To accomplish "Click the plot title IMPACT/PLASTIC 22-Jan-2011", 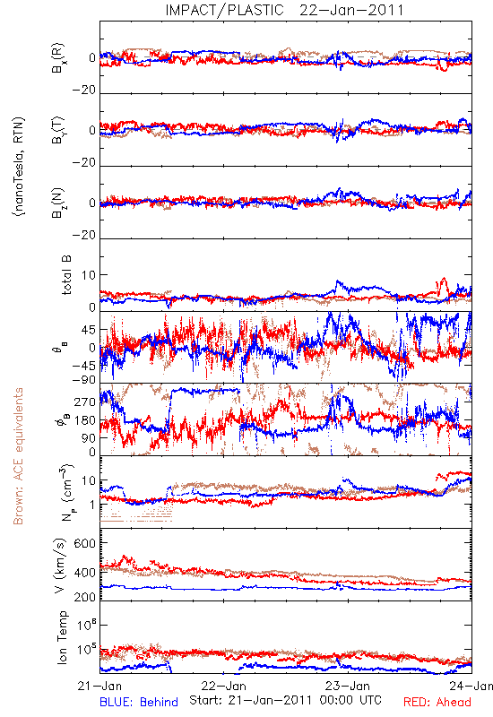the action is pyautogui.click(x=284, y=10).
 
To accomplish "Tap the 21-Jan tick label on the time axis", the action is pyautogui.click(x=99, y=686).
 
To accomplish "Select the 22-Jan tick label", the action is pyautogui.click(x=223, y=686).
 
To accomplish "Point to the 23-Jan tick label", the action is pyautogui.click(x=348, y=686).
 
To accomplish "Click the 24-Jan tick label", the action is pyautogui.click(x=471, y=686).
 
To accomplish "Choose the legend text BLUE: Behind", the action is pyautogui.click(x=139, y=702).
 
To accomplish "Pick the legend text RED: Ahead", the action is pyautogui.click(x=437, y=702).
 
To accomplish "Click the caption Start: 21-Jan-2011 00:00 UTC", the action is pyautogui.click(x=285, y=700).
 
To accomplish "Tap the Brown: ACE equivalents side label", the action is pyautogui.click(x=18, y=456).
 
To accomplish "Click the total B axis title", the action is pyautogui.click(x=66, y=275).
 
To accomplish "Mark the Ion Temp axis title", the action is pyautogui.click(x=62, y=637).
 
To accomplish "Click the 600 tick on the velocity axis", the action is pyautogui.click(x=85, y=543).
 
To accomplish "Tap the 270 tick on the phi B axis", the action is pyautogui.click(x=85, y=402).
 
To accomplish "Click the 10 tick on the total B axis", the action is pyautogui.click(x=89, y=275).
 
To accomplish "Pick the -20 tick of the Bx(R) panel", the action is pyautogui.click(x=83, y=91).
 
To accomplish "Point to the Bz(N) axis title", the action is pyautogui.click(x=58, y=203).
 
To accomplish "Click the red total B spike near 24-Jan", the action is pyautogui.click(x=442, y=285).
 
